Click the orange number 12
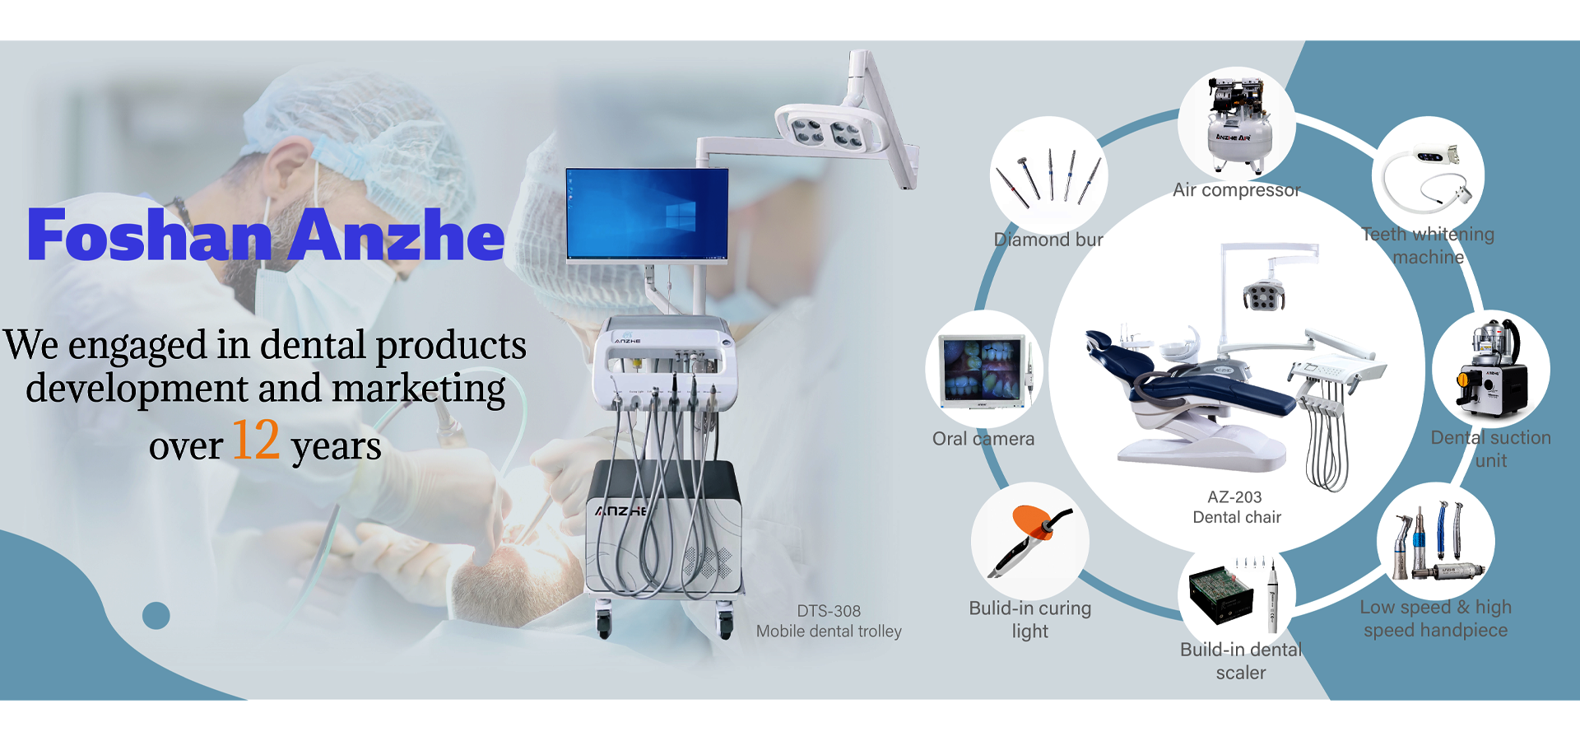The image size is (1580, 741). click(x=256, y=440)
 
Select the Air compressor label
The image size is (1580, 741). click(x=1236, y=190)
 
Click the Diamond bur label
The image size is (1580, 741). click(x=1048, y=240)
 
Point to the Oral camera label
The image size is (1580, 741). click(x=983, y=439)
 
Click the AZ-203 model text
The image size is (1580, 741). click(x=1234, y=497)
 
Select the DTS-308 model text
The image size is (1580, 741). click(x=829, y=611)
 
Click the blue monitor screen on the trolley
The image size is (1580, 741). click(x=648, y=214)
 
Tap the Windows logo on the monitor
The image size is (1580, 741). click(x=681, y=217)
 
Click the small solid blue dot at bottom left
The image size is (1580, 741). click(x=156, y=615)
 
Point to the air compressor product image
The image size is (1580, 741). click(x=1237, y=124)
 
